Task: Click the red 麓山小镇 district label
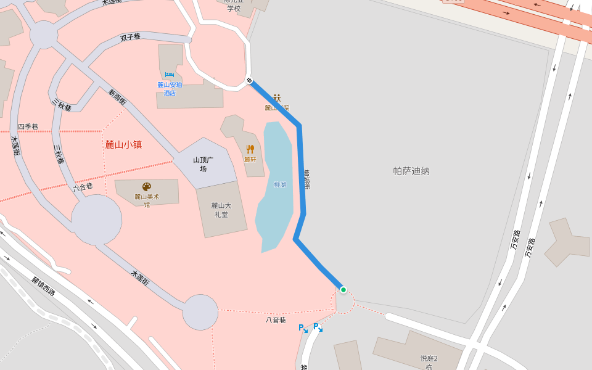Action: click(x=123, y=145)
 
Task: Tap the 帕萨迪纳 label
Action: click(x=411, y=171)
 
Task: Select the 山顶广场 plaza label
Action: click(x=203, y=164)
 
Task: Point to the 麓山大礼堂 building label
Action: click(x=221, y=210)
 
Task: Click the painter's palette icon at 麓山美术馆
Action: click(x=147, y=186)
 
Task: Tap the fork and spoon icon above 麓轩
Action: click(x=250, y=149)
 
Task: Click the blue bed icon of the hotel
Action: click(x=170, y=75)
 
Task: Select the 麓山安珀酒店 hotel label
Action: click(x=170, y=89)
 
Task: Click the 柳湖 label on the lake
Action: click(x=280, y=184)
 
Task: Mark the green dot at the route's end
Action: click(x=343, y=290)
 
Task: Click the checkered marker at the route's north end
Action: click(x=249, y=80)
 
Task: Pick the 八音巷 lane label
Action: click(x=276, y=320)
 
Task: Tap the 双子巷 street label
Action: click(x=130, y=38)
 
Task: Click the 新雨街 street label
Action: click(x=117, y=97)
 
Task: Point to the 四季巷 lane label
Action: click(x=28, y=126)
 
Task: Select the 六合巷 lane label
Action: click(x=83, y=186)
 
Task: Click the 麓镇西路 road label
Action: click(x=44, y=286)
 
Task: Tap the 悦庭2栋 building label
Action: click(x=429, y=363)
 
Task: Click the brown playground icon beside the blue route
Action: click(x=277, y=97)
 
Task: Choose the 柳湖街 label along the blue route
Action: click(x=306, y=179)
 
